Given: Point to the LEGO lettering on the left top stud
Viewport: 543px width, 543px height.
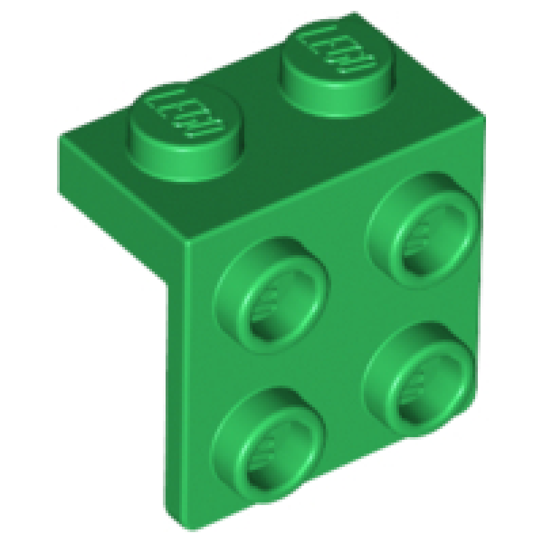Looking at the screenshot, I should pos(178,112).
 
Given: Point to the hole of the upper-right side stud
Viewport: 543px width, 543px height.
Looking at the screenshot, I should pos(424,241).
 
